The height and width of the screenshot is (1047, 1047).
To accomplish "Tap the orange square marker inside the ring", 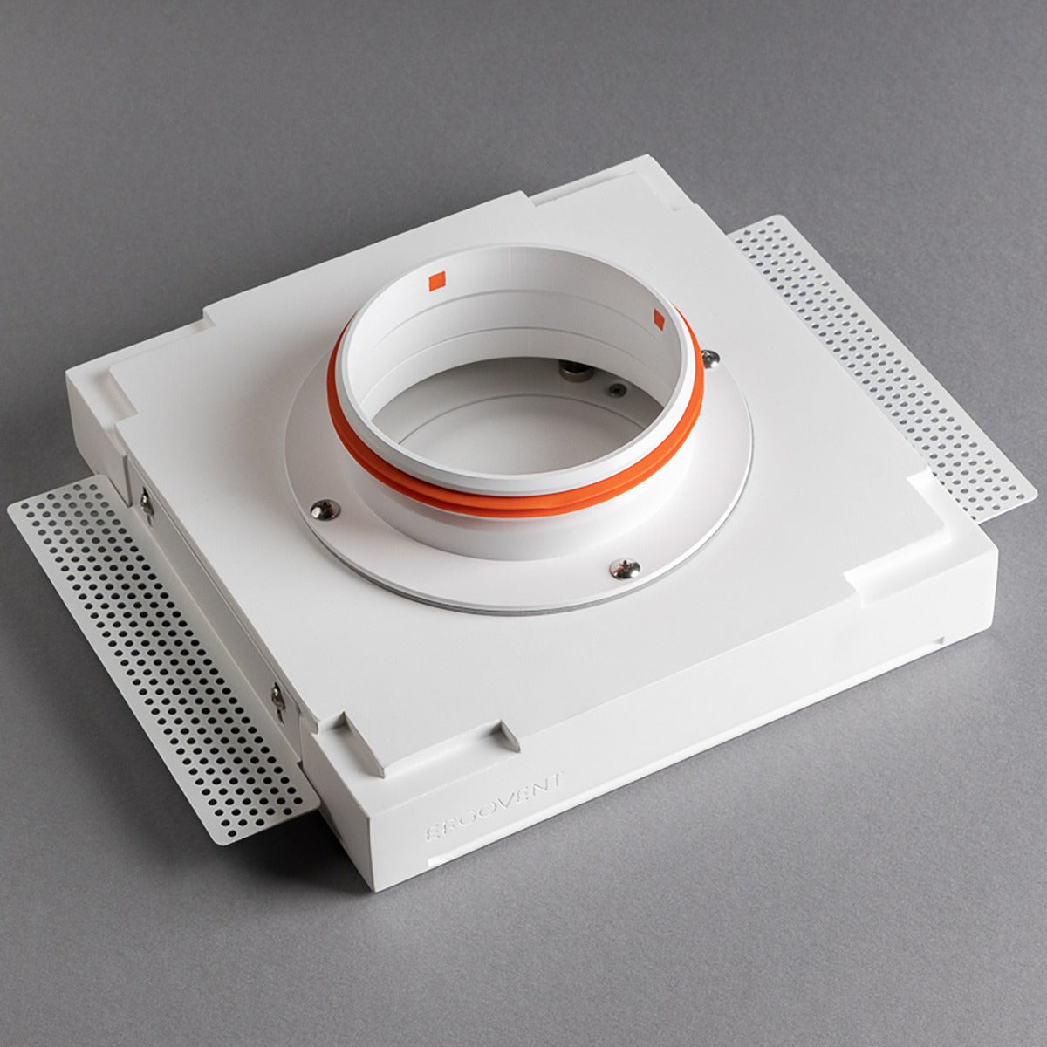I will [x=437, y=279].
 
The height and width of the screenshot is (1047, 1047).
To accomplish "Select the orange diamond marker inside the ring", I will [x=659, y=318].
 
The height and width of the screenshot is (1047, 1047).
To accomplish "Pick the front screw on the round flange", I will [x=625, y=569].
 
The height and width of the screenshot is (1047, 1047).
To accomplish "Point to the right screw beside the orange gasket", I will [x=710, y=357].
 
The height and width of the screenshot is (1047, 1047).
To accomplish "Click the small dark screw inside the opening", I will [x=617, y=390].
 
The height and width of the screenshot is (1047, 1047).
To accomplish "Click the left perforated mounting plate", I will [x=157, y=654].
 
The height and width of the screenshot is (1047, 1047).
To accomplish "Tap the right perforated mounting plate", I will [x=881, y=366].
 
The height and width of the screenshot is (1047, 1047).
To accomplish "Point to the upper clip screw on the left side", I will [x=147, y=501].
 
